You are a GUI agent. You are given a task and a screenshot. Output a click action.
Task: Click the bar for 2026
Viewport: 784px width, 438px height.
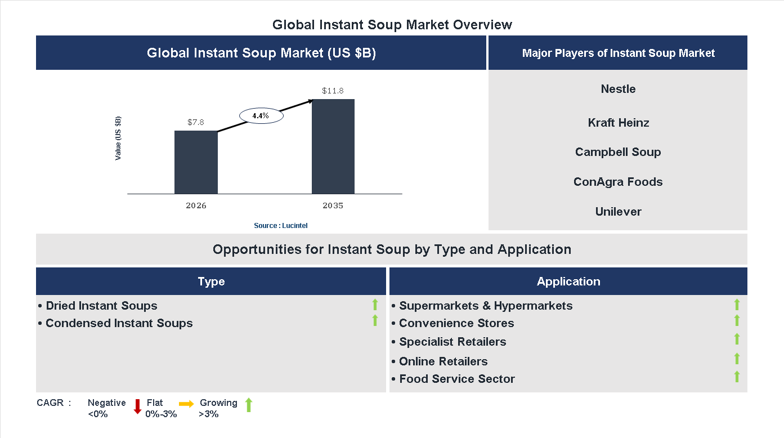(196, 163)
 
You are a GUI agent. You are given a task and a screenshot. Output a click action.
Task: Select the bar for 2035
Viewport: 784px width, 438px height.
(333, 147)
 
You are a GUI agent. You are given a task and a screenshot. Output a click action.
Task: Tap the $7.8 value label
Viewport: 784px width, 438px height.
(196, 122)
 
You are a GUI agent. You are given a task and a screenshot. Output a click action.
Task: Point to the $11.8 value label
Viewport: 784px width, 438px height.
(333, 91)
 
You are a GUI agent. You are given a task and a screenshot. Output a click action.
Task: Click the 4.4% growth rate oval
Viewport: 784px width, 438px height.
(261, 115)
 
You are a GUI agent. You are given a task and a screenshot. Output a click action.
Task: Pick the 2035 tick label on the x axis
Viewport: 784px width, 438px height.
(333, 205)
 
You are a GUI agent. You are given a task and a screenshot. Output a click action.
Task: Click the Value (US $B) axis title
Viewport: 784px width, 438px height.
(118, 138)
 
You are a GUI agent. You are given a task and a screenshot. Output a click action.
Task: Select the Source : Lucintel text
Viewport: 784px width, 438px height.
(280, 225)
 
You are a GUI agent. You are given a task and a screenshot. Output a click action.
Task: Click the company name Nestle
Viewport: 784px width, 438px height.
(618, 89)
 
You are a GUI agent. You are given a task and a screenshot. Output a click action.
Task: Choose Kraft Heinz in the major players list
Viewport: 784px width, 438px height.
(618, 123)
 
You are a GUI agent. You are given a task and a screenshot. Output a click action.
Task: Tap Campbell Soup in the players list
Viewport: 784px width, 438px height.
(618, 152)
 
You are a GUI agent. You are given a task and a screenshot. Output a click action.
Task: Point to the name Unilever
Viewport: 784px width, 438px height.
(618, 212)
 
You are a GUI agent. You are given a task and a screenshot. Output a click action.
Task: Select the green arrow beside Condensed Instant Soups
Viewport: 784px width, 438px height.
(375, 321)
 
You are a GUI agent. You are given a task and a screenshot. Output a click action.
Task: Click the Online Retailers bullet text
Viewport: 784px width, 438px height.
(443, 361)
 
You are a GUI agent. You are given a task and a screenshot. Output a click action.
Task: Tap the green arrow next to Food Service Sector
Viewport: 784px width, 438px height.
(737, 377)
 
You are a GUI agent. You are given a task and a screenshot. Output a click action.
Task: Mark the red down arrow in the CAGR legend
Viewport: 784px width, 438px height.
(137, 406)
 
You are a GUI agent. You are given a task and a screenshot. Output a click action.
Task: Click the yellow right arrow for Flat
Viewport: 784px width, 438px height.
(186, 404)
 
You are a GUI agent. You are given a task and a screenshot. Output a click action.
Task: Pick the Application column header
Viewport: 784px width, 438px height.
(568, 281)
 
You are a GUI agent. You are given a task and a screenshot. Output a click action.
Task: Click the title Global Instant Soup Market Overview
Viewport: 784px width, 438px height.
(392, 25)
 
